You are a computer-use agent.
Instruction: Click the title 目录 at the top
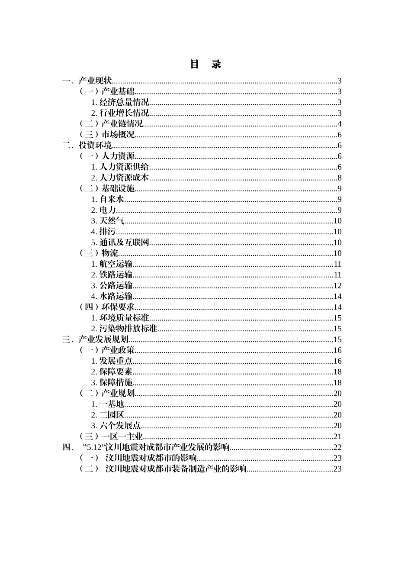205,64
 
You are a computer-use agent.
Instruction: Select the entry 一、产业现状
87,81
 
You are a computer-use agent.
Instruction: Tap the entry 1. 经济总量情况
120,102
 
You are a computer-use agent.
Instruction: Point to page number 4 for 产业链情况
340,124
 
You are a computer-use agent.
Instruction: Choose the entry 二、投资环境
87,145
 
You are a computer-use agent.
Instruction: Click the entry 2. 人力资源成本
120,178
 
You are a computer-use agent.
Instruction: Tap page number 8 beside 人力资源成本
340,178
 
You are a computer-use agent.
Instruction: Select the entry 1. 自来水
107,199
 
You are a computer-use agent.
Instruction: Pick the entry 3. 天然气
107,221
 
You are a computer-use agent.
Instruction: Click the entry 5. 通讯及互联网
120,242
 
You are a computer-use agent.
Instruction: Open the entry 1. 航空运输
112,264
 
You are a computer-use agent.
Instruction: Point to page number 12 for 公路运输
337,286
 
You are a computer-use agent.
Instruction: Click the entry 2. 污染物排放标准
124,329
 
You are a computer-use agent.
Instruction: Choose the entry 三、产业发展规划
95,339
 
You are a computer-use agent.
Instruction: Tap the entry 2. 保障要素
112,372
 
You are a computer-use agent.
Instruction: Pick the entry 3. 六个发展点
116,426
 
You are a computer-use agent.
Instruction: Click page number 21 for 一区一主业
337,436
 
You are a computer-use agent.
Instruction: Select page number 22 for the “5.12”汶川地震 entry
337,447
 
